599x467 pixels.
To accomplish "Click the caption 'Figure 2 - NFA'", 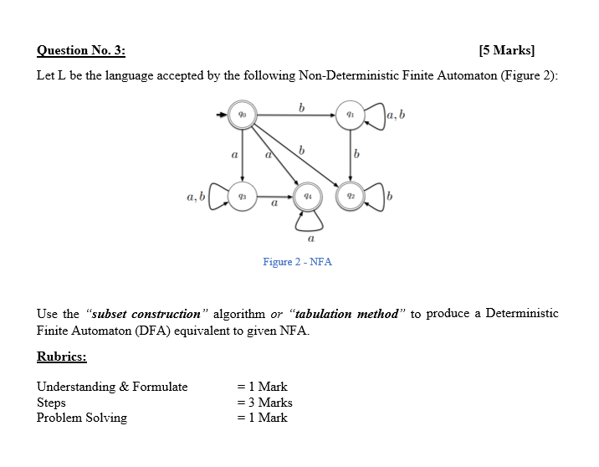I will [x=297, y=262].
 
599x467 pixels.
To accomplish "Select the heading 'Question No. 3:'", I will [x=81, y=51].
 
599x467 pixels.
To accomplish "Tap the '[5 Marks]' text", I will [x=506, y=51].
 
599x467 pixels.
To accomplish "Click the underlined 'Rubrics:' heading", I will [x=62, y=357].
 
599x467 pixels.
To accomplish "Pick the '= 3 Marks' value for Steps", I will [x=264, y=403].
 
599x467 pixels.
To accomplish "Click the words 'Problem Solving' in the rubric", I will [x=82, y=418].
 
